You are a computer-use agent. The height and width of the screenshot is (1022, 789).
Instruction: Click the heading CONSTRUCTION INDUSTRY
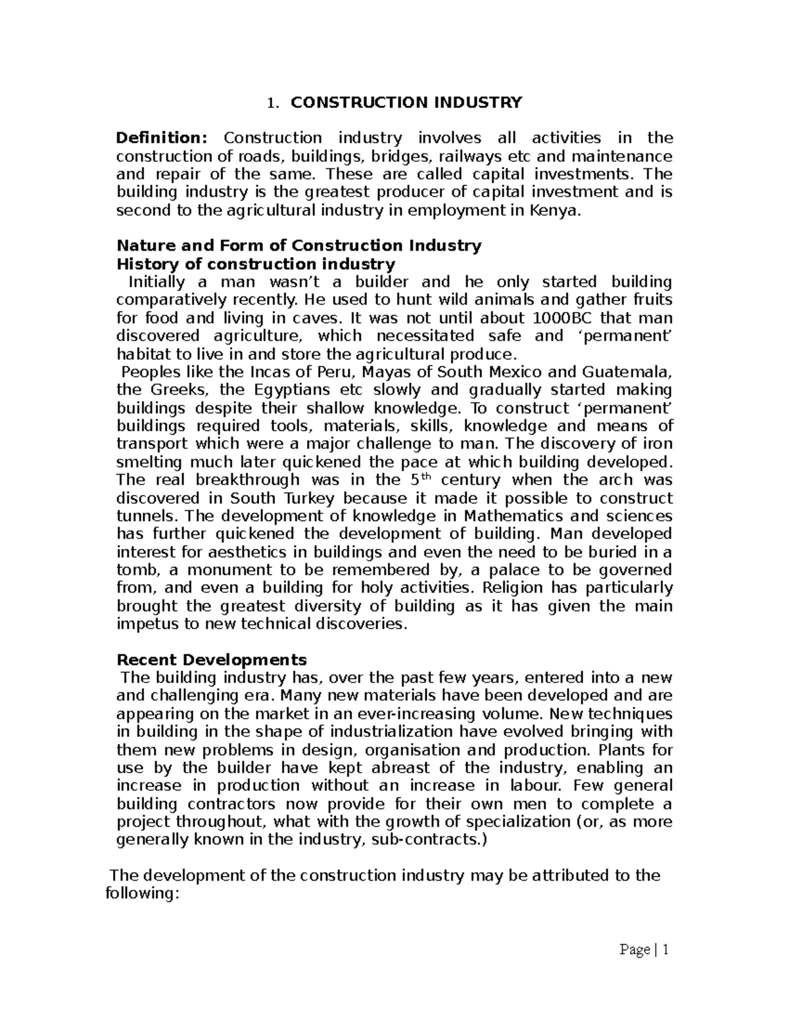click(x=406, y=103)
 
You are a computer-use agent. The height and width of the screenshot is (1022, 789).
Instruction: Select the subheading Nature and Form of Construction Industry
click(x=299, y=246)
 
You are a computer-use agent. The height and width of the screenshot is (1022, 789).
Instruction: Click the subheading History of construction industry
click(x=255, y=265)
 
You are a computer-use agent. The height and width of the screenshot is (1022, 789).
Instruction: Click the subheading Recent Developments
click(x=211, y=660)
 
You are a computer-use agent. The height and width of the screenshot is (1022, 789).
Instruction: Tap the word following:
click(x=142, y=894)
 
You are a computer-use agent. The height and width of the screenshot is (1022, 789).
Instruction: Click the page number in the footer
click(x=665, y=950)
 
